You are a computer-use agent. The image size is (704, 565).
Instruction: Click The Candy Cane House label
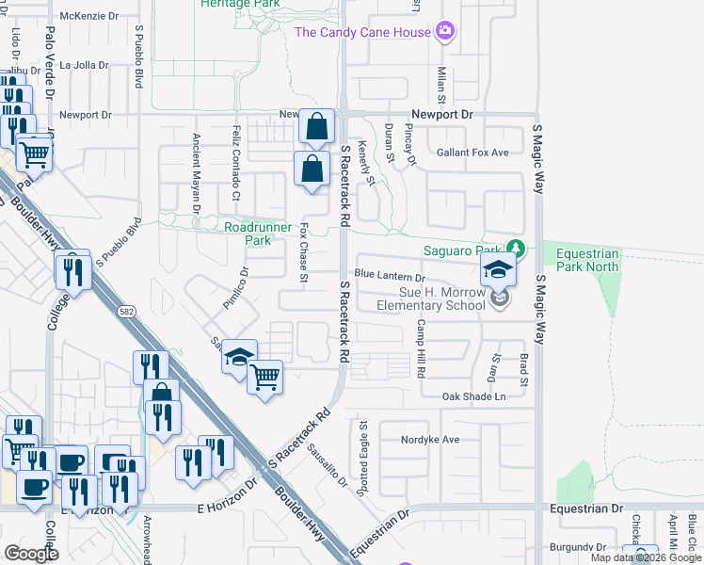(363, 32)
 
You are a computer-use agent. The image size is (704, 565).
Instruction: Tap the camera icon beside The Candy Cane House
(445, 32)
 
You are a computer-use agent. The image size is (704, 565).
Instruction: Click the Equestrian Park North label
(587, 260)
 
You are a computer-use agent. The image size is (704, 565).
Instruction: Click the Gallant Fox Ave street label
(472, 153)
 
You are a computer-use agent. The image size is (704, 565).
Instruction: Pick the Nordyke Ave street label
(431, 439)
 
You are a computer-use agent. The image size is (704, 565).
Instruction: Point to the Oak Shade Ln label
(473, 397)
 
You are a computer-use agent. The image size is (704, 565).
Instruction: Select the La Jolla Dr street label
(85, 66)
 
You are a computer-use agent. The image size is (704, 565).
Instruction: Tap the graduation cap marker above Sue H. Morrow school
(498, 272)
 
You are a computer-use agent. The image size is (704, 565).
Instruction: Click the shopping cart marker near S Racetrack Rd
(265, 378)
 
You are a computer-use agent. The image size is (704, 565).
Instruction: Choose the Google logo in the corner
(32, 554)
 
